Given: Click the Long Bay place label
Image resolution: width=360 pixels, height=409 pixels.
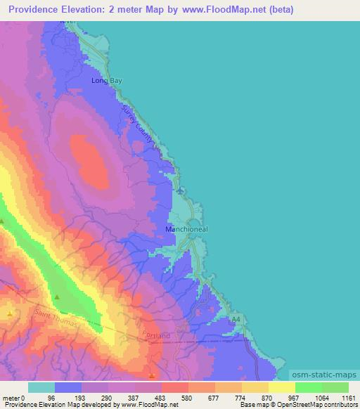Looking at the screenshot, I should point(107,81).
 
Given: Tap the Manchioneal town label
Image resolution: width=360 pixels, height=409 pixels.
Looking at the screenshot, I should point(186,229).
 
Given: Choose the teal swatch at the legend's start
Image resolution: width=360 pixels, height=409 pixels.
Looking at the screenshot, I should point(41,387).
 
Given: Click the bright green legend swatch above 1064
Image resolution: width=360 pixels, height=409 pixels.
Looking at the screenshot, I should point(308,387).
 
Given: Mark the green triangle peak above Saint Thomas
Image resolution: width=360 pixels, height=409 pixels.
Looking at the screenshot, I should point(57,298).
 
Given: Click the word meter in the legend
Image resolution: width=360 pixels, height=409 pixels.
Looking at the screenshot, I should point(11,397).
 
